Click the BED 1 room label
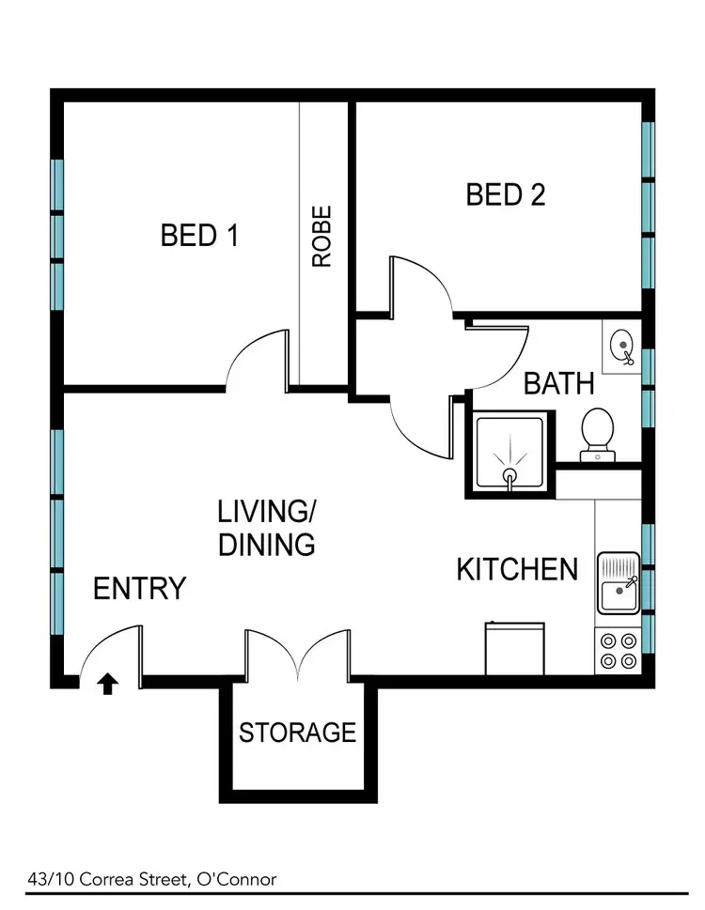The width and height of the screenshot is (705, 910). click(199, 235)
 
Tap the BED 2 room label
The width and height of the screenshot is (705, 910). click(506, 195)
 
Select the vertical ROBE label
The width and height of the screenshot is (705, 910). click(322, 237)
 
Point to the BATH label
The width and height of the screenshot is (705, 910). click(558, 383)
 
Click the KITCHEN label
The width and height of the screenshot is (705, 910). click(517, 569)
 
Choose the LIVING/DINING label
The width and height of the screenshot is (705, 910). click(267, 528)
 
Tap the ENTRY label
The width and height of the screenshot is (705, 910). click(139, 589)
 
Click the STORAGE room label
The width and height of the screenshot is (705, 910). click(297, 732)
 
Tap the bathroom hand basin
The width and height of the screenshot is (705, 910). click(620, 347)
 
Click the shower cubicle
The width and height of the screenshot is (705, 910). click(510, 454)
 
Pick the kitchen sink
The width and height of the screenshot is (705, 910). click(618, 584)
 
